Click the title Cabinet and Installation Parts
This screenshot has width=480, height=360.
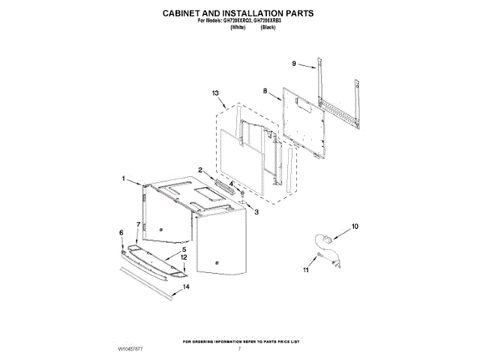(x=238, y=13)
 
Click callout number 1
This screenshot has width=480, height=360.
(x=124, y=178)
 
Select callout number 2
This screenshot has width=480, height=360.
(x=201, y=170)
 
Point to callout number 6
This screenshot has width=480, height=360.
(x=121, y=233)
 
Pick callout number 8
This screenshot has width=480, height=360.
(x=265, y=91)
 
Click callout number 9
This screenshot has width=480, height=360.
(x=295, y=64)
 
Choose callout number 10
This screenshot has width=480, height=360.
(x=355, y=225)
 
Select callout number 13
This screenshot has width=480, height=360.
(x=215, y=93)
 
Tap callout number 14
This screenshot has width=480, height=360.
(x=187, y=286)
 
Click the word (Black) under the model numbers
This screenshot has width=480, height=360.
(x=268, y=27)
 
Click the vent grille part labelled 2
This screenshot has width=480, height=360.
(x=223, y=184)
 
